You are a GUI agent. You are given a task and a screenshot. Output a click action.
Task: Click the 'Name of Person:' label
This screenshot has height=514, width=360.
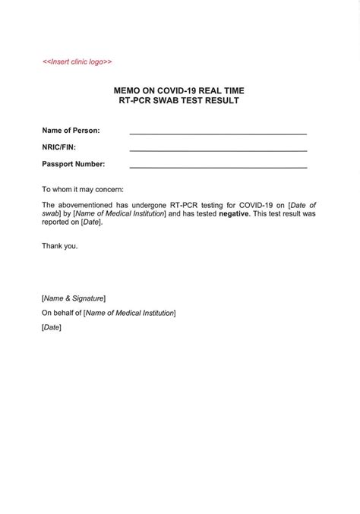click(71, 131)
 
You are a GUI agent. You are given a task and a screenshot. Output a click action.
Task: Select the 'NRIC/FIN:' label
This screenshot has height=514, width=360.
click(58, 147)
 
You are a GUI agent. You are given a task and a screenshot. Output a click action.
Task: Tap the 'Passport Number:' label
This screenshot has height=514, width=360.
click(74, 164)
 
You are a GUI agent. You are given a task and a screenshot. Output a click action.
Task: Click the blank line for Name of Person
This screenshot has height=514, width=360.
click(218, 134)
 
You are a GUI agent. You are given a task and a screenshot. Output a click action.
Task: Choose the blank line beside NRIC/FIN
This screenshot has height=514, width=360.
click(218, 150)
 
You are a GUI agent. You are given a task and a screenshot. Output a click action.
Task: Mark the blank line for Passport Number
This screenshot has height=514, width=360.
click(218, 167)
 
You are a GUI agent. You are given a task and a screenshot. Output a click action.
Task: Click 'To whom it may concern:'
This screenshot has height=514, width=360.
click(82, 189)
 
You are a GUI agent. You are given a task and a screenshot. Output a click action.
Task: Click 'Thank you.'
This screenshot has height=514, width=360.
click(60, 246)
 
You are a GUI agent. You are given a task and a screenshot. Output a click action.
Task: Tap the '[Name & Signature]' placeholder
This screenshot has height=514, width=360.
click(74, 298)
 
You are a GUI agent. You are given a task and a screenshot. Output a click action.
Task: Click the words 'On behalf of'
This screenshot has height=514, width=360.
click(62, 313)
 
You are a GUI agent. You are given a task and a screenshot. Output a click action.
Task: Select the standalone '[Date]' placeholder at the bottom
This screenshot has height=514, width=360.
click(52, 327)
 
